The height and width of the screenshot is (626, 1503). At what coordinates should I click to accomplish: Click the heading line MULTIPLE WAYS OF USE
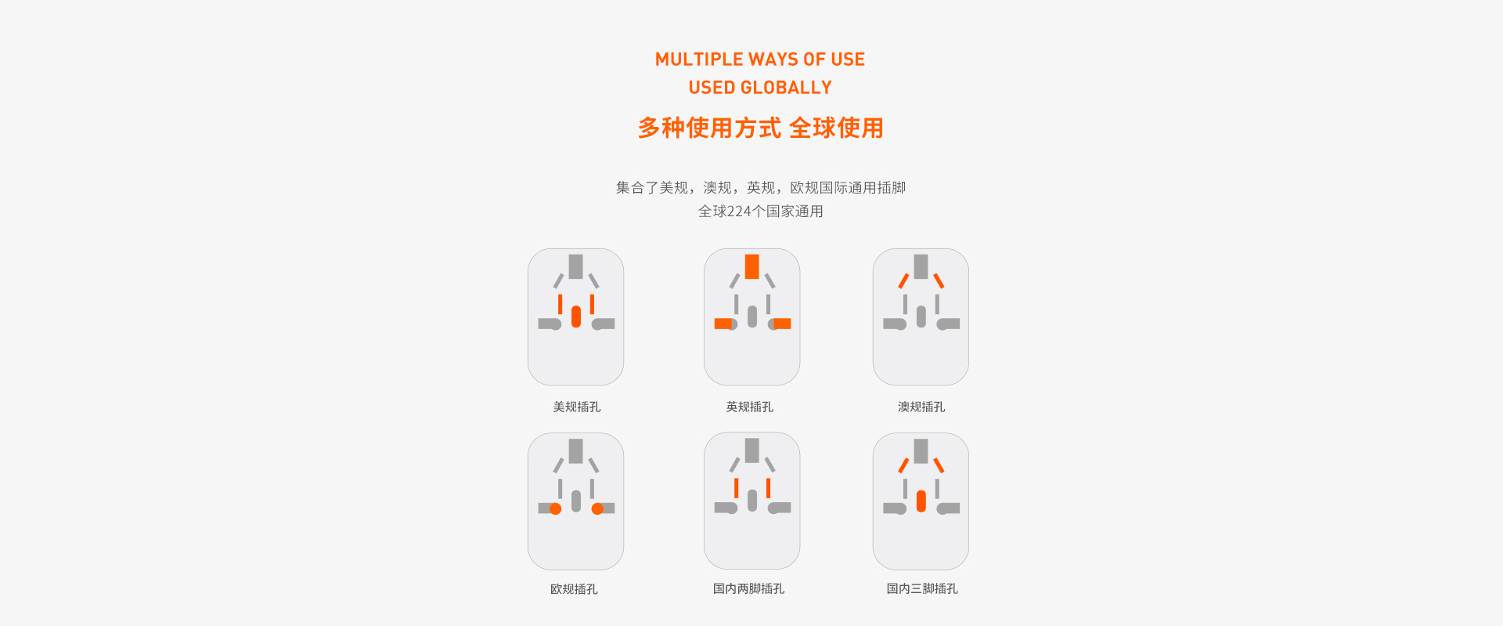click(760, 60)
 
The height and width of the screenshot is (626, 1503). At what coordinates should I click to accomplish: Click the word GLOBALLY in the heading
click(786, 88)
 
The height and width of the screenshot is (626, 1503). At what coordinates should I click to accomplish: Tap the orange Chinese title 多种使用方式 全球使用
click(760, 128)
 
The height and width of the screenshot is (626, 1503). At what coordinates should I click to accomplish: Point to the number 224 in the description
click(739, 212)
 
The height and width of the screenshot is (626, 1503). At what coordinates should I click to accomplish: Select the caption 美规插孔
click(577, 407)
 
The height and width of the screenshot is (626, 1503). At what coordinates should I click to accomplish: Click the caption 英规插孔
click(749, 407)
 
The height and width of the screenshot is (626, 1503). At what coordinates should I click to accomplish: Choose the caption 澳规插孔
click(921, 407)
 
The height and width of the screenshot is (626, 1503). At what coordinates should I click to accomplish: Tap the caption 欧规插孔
click(574, 589)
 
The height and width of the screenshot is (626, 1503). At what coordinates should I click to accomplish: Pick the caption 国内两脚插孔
click(748, 588)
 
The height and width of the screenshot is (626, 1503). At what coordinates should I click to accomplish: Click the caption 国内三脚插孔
click(922, 588)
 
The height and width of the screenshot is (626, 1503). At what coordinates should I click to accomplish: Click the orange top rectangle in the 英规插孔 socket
click(752, 266)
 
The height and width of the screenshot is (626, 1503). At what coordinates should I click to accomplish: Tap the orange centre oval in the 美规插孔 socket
click(576, 317)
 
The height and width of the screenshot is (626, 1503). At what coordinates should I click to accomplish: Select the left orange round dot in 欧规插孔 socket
click(556, 509)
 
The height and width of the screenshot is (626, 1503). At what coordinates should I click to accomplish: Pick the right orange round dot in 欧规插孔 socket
click(597, 509)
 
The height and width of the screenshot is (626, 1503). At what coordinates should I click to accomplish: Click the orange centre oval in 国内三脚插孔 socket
click(921, 501)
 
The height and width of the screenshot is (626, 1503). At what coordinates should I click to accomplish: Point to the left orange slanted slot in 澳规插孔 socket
click(903, 280)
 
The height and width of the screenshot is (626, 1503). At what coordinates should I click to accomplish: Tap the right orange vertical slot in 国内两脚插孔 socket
click(769, 488)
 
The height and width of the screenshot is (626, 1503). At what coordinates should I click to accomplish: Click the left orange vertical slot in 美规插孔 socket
click(560, 304)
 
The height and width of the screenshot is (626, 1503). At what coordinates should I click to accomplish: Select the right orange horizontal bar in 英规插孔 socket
click(782, 324)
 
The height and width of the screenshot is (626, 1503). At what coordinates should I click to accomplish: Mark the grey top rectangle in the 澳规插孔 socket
click(921, 266)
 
